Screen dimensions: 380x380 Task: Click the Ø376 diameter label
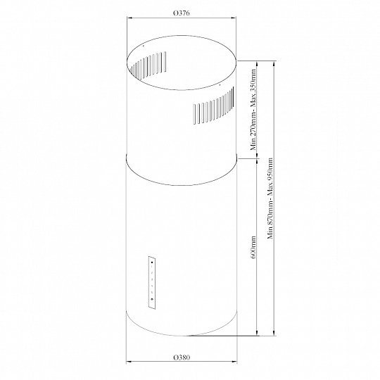click(x=182, y=13)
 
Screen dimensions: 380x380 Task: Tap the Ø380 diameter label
click(x=182, y=357)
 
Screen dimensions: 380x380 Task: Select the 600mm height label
click(x=253, y=247)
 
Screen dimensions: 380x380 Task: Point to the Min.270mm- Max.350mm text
click(x=253, y=110)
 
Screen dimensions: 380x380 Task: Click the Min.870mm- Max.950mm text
click(x=270, y=198)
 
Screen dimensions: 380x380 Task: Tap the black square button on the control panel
click(x=151, y=262)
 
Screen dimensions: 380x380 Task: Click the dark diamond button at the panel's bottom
click(x=152, y=299)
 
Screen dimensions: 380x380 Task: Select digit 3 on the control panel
click(x=152, y=280)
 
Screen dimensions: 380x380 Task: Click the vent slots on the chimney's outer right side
click(x=214, y=106)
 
